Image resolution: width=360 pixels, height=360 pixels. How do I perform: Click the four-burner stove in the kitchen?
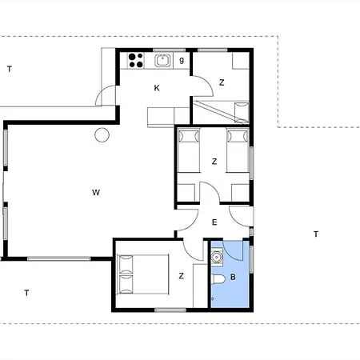click(x=136, y=61)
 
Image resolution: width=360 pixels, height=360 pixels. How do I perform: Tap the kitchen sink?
click(x=162, y=61)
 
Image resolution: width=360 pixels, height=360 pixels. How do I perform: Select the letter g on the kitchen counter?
click(x=182, y=60)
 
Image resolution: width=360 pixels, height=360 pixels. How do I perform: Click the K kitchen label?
click(x=157, y=88)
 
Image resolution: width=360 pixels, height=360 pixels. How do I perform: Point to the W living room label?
click(x=96, y=192)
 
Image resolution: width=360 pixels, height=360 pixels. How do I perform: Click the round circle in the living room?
click(x=102, y=135)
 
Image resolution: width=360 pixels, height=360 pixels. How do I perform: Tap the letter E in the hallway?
click(x=214, y=222)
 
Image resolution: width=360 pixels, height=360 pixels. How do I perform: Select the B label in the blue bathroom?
click(x=233, y=277)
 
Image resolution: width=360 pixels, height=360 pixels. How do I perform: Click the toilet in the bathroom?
click(x=218, y=279)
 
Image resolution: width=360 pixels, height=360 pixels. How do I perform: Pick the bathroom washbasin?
click(x=217, y=257)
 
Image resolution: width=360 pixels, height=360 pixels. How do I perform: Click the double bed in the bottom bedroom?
click(x=143, y=274)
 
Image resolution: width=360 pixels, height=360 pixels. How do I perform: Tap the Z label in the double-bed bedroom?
click(x=182, y=276)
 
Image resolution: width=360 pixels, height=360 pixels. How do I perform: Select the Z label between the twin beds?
click(x=214, y=162)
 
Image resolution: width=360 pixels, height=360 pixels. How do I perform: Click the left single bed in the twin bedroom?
click(x=189, y=150)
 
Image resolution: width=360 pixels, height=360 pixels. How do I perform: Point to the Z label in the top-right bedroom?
click(x=222, y=82)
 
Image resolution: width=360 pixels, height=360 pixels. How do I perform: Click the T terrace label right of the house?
click(x=316, y=234)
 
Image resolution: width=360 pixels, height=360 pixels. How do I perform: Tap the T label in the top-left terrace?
click(x=10, y=69)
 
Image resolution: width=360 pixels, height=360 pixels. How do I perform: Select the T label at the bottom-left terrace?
click(x=26, y=293)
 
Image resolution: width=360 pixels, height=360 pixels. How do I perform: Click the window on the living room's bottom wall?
click(x=59, y=258)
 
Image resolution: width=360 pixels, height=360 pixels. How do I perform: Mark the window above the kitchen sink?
click(x=169, y=50)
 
